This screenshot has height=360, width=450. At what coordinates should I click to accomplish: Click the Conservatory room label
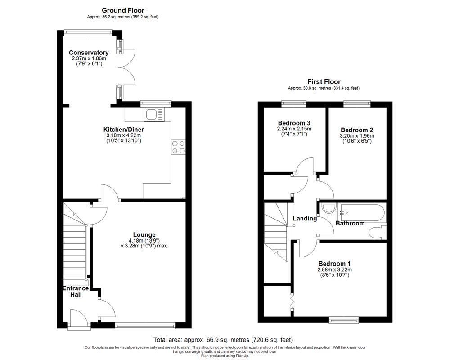tap(89, 53)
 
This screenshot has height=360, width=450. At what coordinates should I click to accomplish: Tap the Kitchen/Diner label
tap(123, 130)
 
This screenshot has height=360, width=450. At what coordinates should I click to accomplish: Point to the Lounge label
tap(144, 234)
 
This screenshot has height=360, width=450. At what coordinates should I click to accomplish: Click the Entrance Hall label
tap(75, 292)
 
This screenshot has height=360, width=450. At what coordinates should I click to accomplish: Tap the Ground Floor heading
tap(123, 10)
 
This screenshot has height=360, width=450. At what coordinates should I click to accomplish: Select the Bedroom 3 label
tap(294, 123)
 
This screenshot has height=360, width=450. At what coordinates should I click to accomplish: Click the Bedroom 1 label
tap(335, 264)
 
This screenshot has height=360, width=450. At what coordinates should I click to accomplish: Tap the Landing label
tap(305, 219)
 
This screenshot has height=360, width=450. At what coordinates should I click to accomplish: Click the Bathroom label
tap(350, 223)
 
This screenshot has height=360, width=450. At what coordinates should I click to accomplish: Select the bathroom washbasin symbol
tap(329, 208)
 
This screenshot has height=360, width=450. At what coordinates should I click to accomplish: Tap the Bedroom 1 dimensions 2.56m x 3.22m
tap(335, 270)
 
